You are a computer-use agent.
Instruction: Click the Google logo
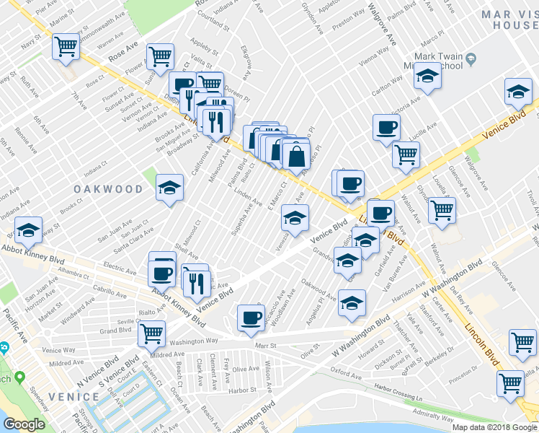(24, 424)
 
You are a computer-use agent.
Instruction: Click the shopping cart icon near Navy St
(66, 47)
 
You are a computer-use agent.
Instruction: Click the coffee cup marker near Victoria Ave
(386, 128)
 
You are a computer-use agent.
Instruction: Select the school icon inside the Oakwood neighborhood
(170, 188)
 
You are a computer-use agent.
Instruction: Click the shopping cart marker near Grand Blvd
(152, 333)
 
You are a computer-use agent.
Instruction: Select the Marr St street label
(266, 346)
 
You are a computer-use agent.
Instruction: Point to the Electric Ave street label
(120, 266)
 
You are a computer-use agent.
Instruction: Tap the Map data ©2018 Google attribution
(494, 427)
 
